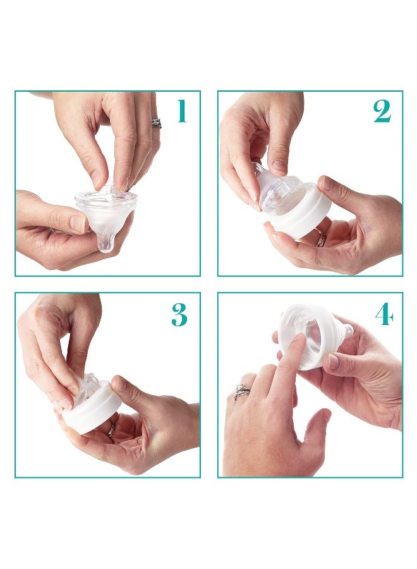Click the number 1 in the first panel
tap(182, 112)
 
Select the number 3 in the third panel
tap(179, 314)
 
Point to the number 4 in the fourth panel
tap(384, 314)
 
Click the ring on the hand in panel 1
tap(156, 123)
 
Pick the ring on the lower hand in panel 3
tap(111, 430)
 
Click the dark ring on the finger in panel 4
tap(242, 392)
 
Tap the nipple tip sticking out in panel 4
tap(346, 331)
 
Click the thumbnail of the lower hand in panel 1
tap(78, 223)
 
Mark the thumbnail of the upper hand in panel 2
tap(279, 167)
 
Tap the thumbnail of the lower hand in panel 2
tap(327, 183)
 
